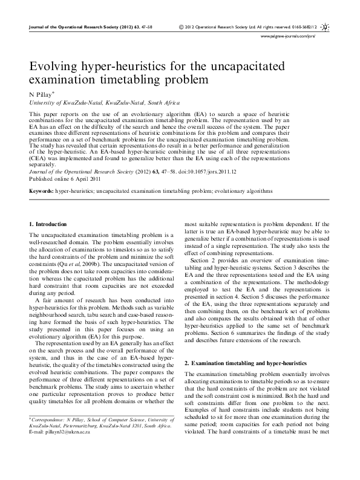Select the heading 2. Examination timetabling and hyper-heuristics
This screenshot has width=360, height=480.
pos(245,363)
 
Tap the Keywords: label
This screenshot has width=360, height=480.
pos(41,190)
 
